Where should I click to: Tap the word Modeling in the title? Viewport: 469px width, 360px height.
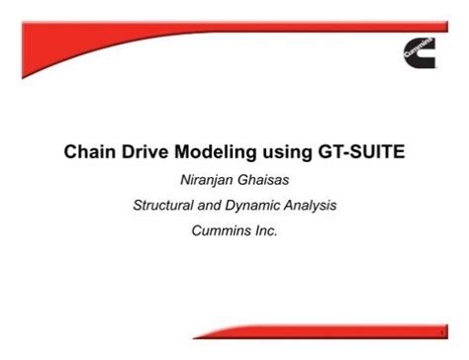coord(213,154)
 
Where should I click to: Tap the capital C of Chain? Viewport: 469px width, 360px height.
coord(71,153)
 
